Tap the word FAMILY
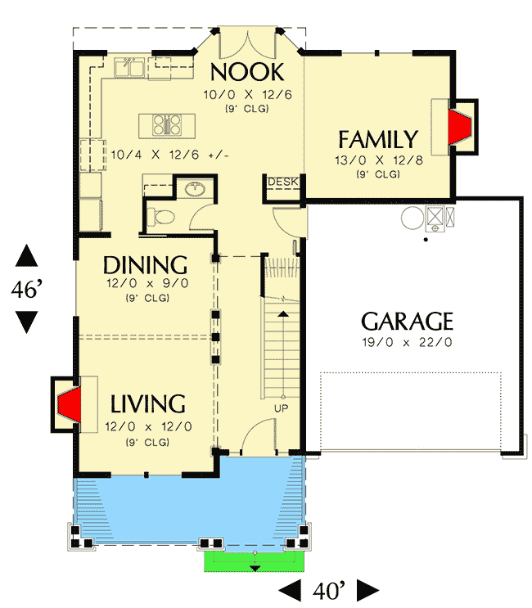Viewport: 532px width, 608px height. (378, 139)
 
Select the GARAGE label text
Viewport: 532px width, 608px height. (407, 320)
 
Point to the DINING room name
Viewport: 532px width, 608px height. (146, 265)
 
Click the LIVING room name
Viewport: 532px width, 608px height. (148, 403)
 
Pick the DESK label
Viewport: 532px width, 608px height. (282, 182)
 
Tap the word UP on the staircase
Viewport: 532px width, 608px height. (281, 408)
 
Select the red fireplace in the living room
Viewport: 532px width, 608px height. (69, 404)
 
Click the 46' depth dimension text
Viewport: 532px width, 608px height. (26, 289)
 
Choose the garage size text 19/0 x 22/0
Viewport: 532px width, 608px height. (407, 341)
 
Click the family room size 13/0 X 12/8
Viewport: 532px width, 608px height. (377, 161)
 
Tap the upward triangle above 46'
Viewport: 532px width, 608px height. (26, 256)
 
